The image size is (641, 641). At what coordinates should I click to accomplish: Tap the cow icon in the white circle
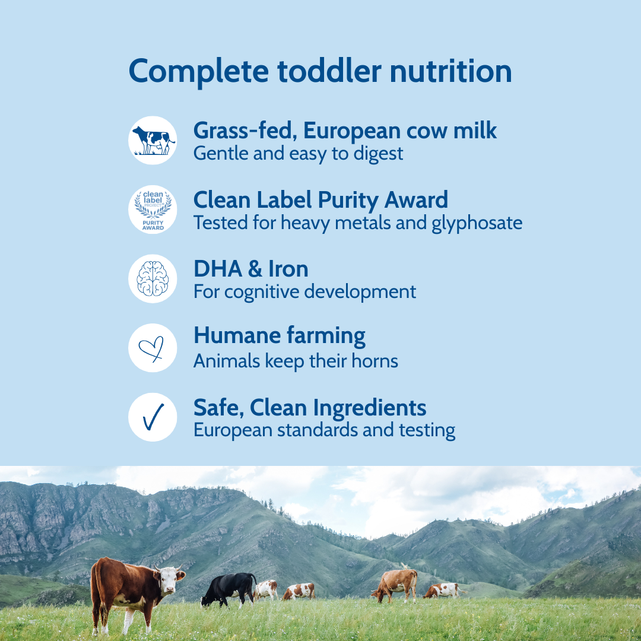(x=153, y=141)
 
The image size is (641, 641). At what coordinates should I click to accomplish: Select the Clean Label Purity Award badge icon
(x=153, y=210)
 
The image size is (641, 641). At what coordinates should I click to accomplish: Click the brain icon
(x=153, y=278)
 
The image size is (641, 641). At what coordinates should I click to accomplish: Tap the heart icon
(x=153, y=348)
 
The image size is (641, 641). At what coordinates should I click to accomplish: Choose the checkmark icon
(x=153, y=417)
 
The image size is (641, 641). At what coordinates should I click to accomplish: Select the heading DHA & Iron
(x=250, y=269)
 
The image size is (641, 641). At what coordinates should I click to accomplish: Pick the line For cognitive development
(x=304, y=292)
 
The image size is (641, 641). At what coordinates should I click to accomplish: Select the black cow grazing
(x=230, y=588)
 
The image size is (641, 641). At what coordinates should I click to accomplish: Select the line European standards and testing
(x=324, y=430)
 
